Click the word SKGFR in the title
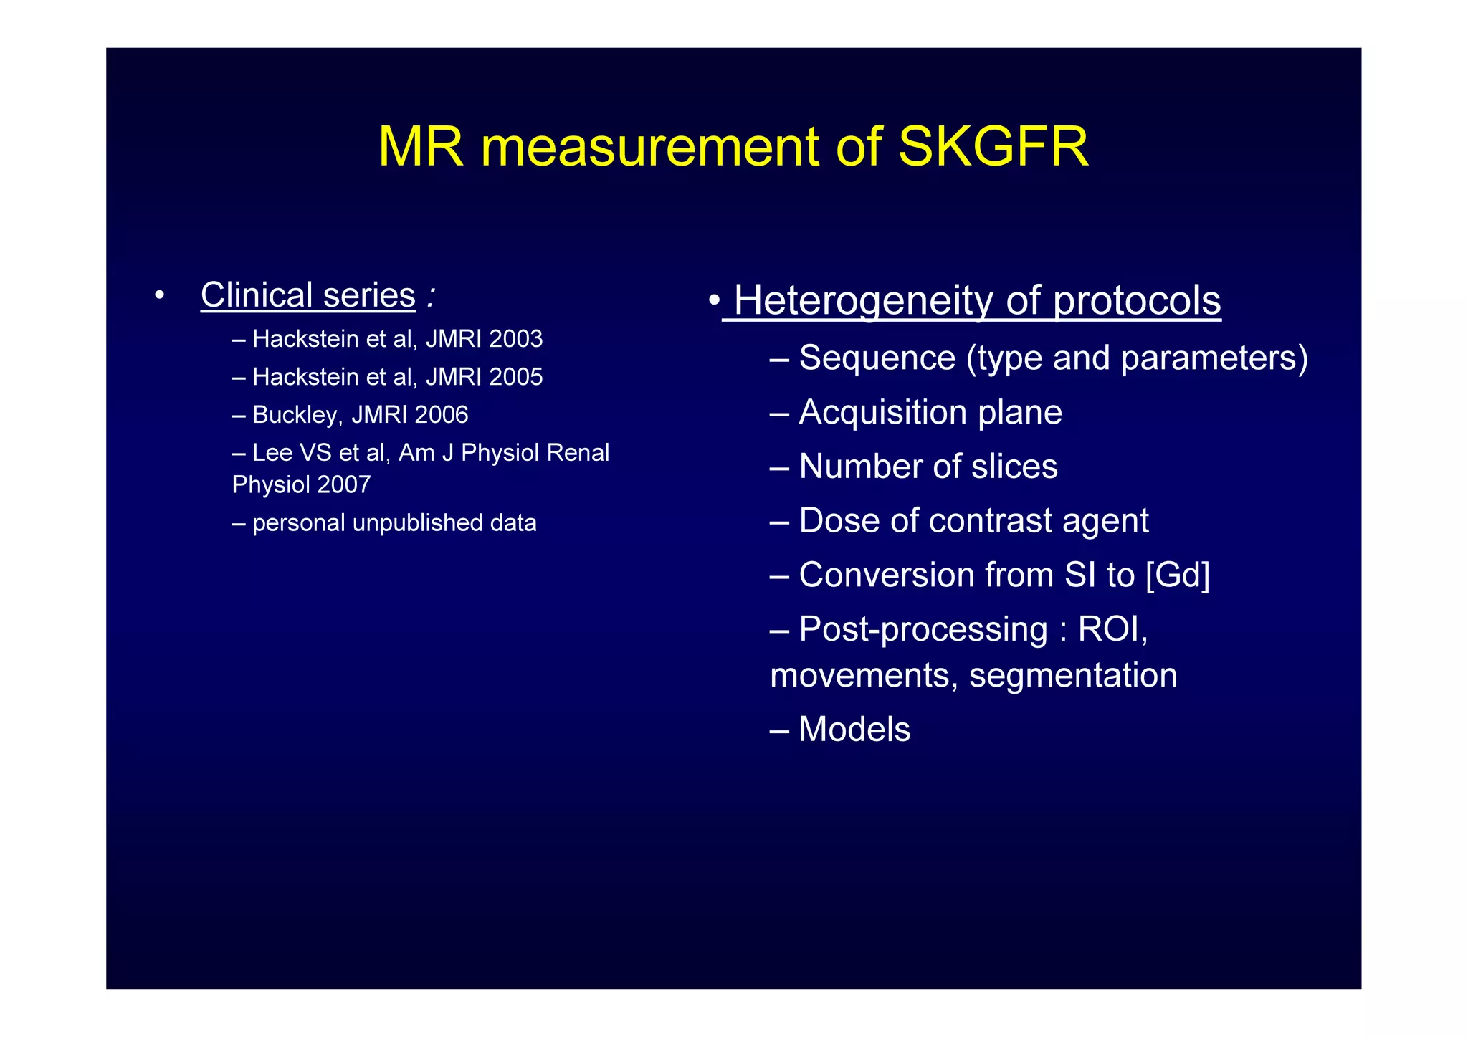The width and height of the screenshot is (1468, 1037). pyautogui.click(x=993, y=147)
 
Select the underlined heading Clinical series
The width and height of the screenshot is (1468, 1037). pyautogui.click(x=308, y=295)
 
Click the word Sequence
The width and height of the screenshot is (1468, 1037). pyautogui.click(x=877, y=358)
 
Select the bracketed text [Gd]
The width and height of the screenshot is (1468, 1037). pyautogui.click(x=1178, y=575)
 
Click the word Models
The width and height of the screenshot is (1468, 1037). pyautogui.click(x=854, y=730)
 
